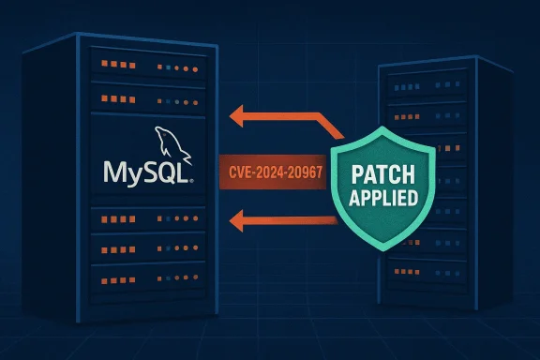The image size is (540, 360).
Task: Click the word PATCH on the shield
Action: click(x=383, y=174)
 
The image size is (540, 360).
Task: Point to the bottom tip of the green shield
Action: click(x=382, y=251)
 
